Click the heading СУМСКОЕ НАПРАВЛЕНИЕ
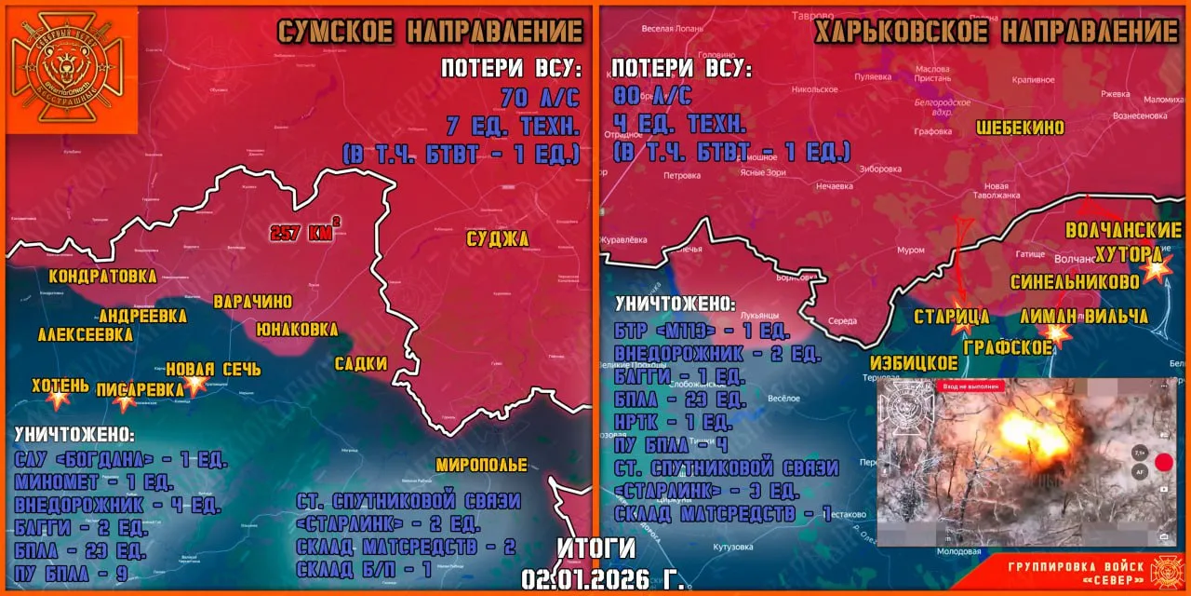[430, 32]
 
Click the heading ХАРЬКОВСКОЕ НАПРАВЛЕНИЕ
[997, 32]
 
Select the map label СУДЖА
[498, 239]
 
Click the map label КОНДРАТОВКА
[102, 277]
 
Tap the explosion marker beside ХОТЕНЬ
[59, 398]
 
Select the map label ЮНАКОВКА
[296, 329]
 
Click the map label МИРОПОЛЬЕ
[481, 465]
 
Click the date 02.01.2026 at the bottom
[603, 579]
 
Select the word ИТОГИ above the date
[596, 548]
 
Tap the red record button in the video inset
[1163, 462]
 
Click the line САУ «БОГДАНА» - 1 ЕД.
[121, 461]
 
